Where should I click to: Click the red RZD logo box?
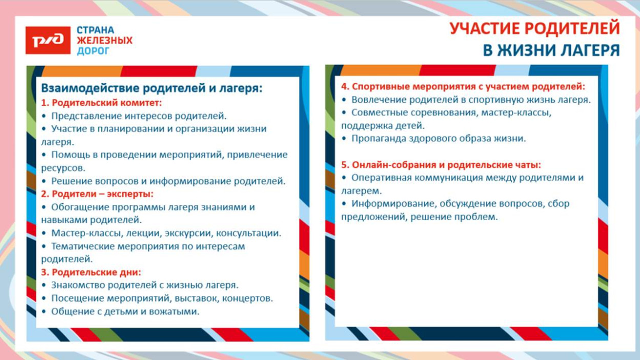tap(48, 40)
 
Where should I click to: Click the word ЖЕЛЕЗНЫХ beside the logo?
tap(104, 40)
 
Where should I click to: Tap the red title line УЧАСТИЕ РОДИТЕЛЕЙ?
tap(535, 29)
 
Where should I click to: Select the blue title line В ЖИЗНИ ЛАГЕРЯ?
tap(551, 50)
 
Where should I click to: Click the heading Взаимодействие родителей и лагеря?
tap(152, 88)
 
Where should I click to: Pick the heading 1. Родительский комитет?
tap(101, 103)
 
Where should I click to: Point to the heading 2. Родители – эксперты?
tap(97, 194)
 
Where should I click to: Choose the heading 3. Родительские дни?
tap(91, 272)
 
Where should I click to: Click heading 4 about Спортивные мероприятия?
tap(463, 87)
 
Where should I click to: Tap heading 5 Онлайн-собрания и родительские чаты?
tap(441, 165)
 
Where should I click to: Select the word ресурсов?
tap(62, 168)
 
